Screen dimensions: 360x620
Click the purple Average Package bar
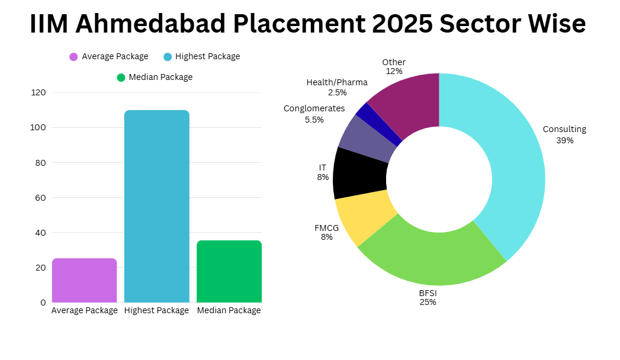click(84, 280)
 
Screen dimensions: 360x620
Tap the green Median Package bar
click(229, 271)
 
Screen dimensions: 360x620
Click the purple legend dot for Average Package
click(73, 57)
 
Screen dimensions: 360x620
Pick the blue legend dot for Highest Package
click(168, 57)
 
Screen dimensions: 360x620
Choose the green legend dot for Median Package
click(121, 78)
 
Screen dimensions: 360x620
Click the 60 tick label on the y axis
click(40, 197)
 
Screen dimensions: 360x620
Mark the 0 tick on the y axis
click(43, 302)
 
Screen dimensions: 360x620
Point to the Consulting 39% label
click(564, 134)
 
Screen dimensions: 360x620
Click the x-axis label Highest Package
click(156, 310)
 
